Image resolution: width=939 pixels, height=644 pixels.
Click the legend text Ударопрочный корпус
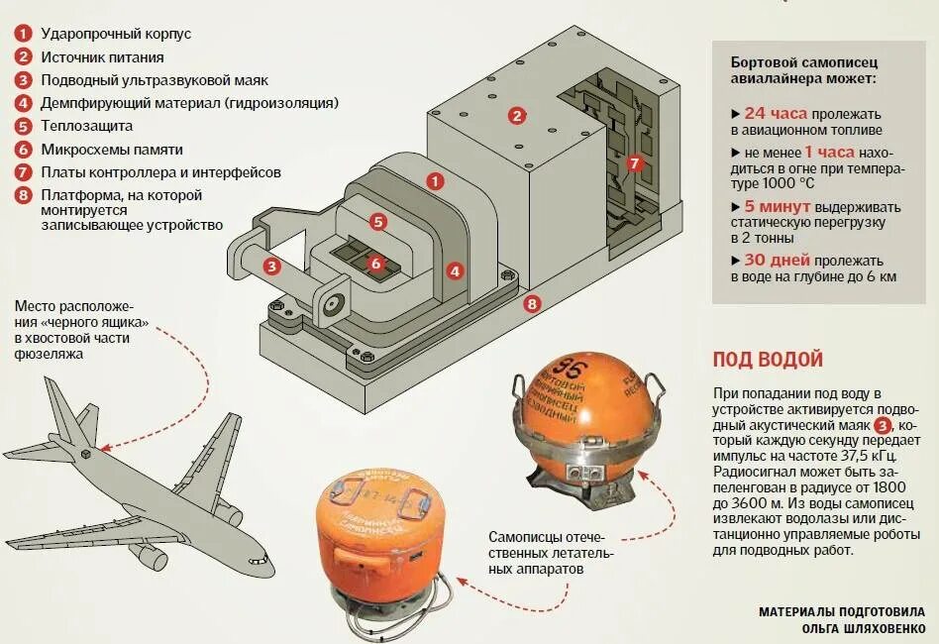[116, 34]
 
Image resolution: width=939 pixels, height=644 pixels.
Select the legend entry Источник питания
[104, 56]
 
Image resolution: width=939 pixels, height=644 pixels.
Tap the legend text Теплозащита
[86, 126]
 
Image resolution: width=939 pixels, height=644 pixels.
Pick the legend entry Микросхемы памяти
[111, 150]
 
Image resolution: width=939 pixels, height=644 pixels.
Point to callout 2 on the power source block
[516, 116]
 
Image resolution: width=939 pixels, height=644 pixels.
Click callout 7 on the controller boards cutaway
[635, 162]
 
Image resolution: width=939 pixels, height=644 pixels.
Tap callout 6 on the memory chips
[375, 264]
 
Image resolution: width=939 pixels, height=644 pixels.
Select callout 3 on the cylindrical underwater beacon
[270, 266]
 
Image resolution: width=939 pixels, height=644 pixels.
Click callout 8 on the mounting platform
[531, 304]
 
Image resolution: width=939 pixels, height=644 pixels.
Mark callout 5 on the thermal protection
[377, 222]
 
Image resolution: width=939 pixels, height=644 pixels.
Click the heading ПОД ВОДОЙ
[768, 360]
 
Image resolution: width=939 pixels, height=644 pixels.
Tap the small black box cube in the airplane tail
[87, 454]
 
